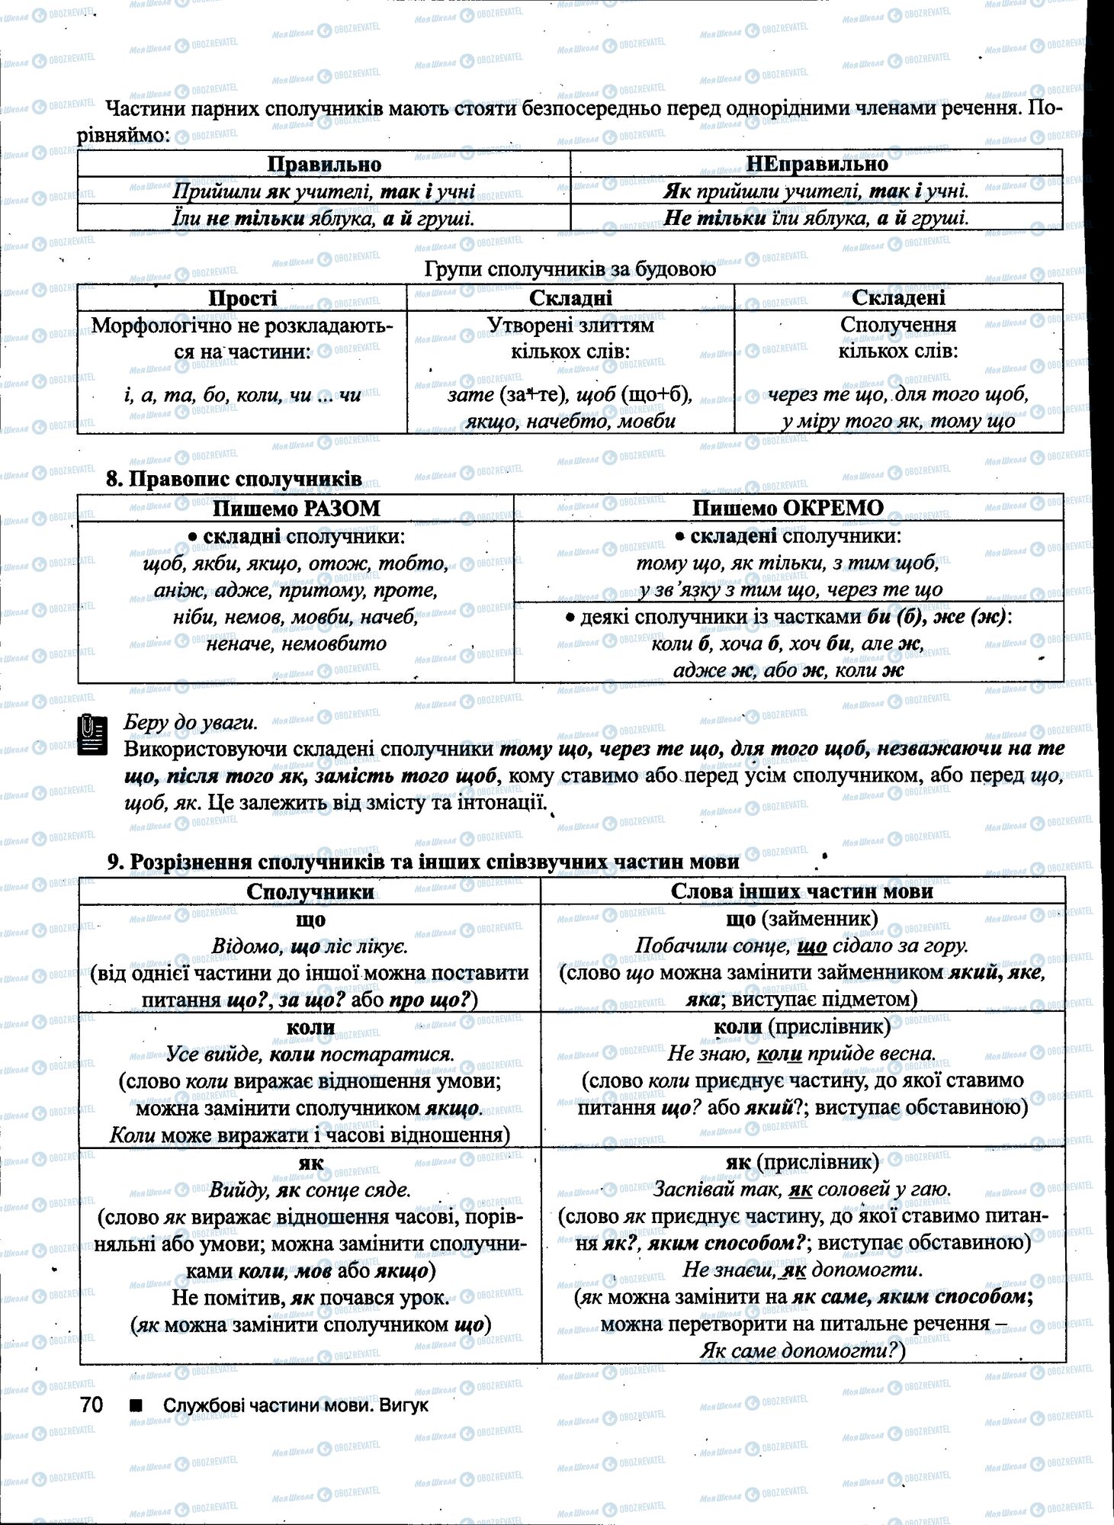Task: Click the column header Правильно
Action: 324,164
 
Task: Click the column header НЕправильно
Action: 817,164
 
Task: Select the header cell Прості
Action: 242,298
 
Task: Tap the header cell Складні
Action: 570,298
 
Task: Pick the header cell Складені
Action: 898,298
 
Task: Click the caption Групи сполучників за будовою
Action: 570,270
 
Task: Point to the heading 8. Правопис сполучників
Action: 233,480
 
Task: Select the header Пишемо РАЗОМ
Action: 296,509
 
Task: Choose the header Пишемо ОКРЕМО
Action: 788,509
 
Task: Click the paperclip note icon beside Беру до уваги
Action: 91,735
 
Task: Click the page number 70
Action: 91,1405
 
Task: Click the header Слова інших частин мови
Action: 802,891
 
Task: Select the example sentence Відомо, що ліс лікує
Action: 310,946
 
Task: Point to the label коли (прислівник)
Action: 802,1027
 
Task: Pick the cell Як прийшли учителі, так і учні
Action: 817,191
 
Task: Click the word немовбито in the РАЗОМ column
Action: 334,644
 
